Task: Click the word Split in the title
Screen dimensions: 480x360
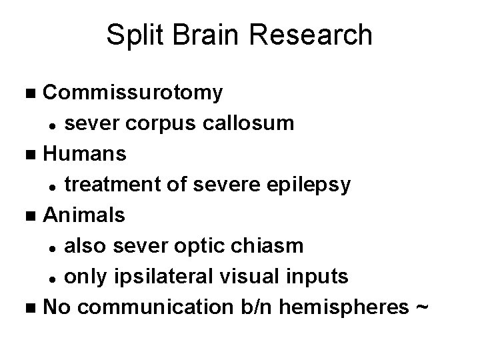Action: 135,35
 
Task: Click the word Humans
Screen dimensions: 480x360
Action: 85,155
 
